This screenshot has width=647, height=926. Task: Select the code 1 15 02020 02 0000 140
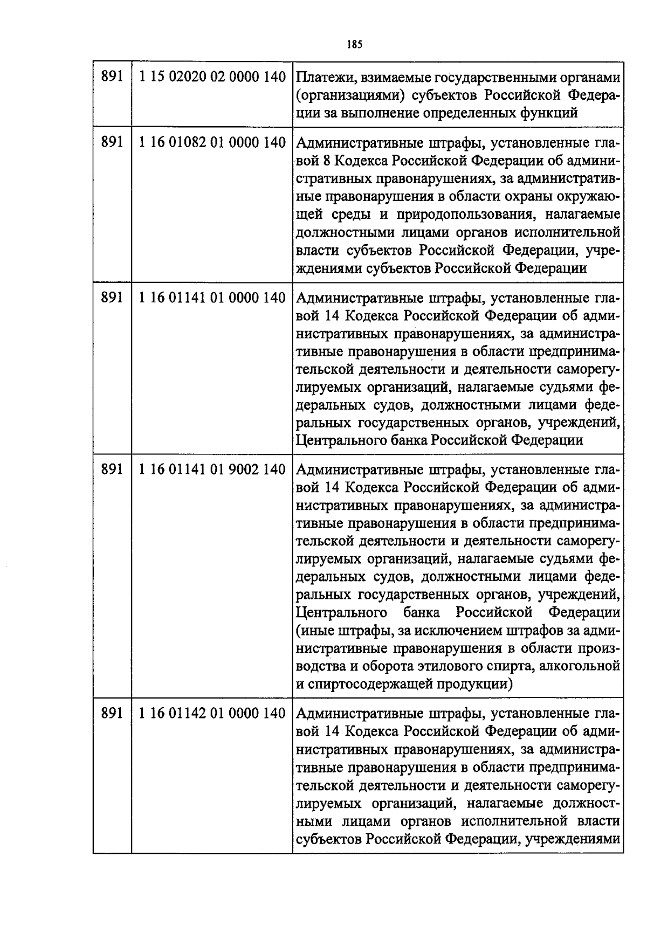pyautogui.click(x=212, y=78)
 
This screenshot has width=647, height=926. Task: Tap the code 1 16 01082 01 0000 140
pyautogui.click(x=212, y=143)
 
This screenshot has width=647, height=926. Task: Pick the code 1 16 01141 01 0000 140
pyautogui.click(x=212, y=298)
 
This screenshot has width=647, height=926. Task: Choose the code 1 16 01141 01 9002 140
pyautogui.click(x=212, y=469)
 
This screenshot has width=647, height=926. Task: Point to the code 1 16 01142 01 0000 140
pyautogui.click(x=212, y=714)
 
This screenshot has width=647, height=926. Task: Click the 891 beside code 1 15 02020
pyautogui.click(x=112, y=78)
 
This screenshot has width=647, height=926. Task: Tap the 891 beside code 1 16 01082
pyautogui.click(x=112, y=143)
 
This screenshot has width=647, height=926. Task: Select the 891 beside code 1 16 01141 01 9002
pyautogui.click(x=112, y=469)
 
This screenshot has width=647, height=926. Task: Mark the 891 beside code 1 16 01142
pyautogui.click(x=112, y=714)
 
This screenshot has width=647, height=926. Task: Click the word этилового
pyautogui.click(x=451, y=667)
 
